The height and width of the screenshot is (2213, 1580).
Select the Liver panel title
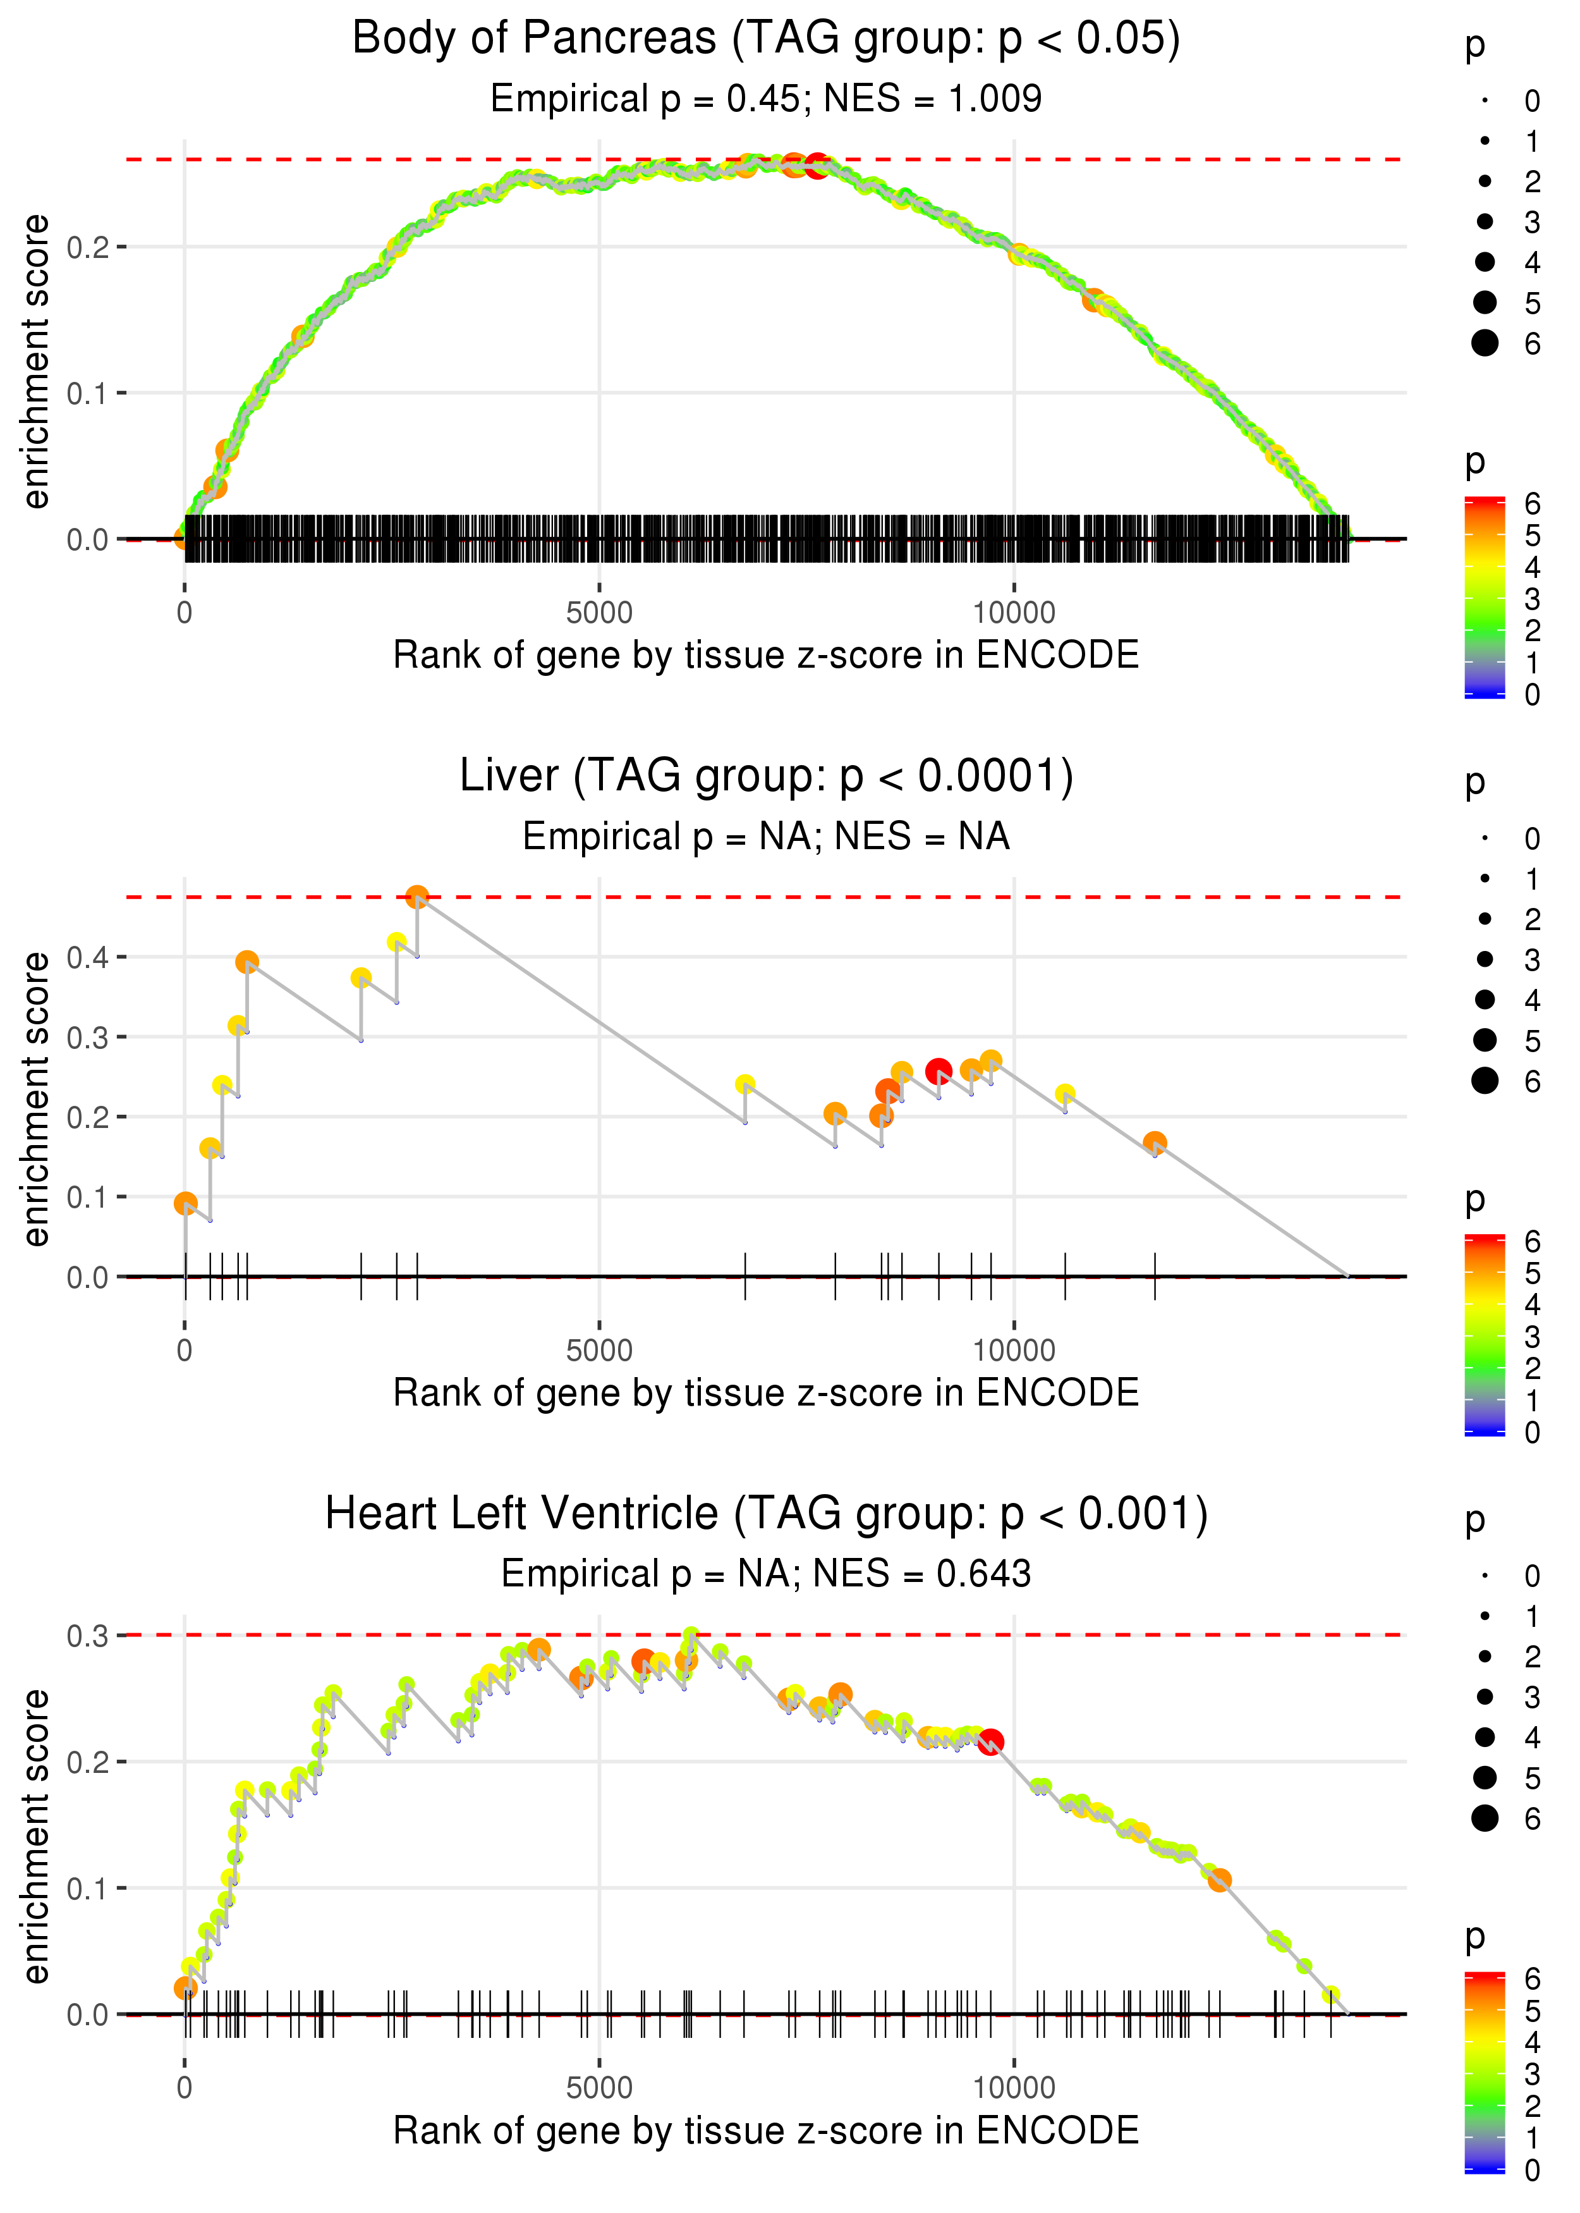tap(766, 776)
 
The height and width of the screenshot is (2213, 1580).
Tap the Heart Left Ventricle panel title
tap(766, 1514)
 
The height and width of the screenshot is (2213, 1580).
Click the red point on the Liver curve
tap(938, 1072)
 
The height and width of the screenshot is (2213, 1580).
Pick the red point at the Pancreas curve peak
tap(817, 166)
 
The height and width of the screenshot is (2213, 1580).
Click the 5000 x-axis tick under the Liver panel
tap(599, 1351)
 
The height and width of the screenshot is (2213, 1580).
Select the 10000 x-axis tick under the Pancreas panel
tap(1014, 613)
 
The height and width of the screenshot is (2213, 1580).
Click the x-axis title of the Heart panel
tap(766, 2130)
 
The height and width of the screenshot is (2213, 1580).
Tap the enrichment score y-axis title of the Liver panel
tap(36, 1099)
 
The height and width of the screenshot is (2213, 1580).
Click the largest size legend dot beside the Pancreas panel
tap(1485, 343)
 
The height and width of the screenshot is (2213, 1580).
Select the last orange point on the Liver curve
tap(1155, 1143)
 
